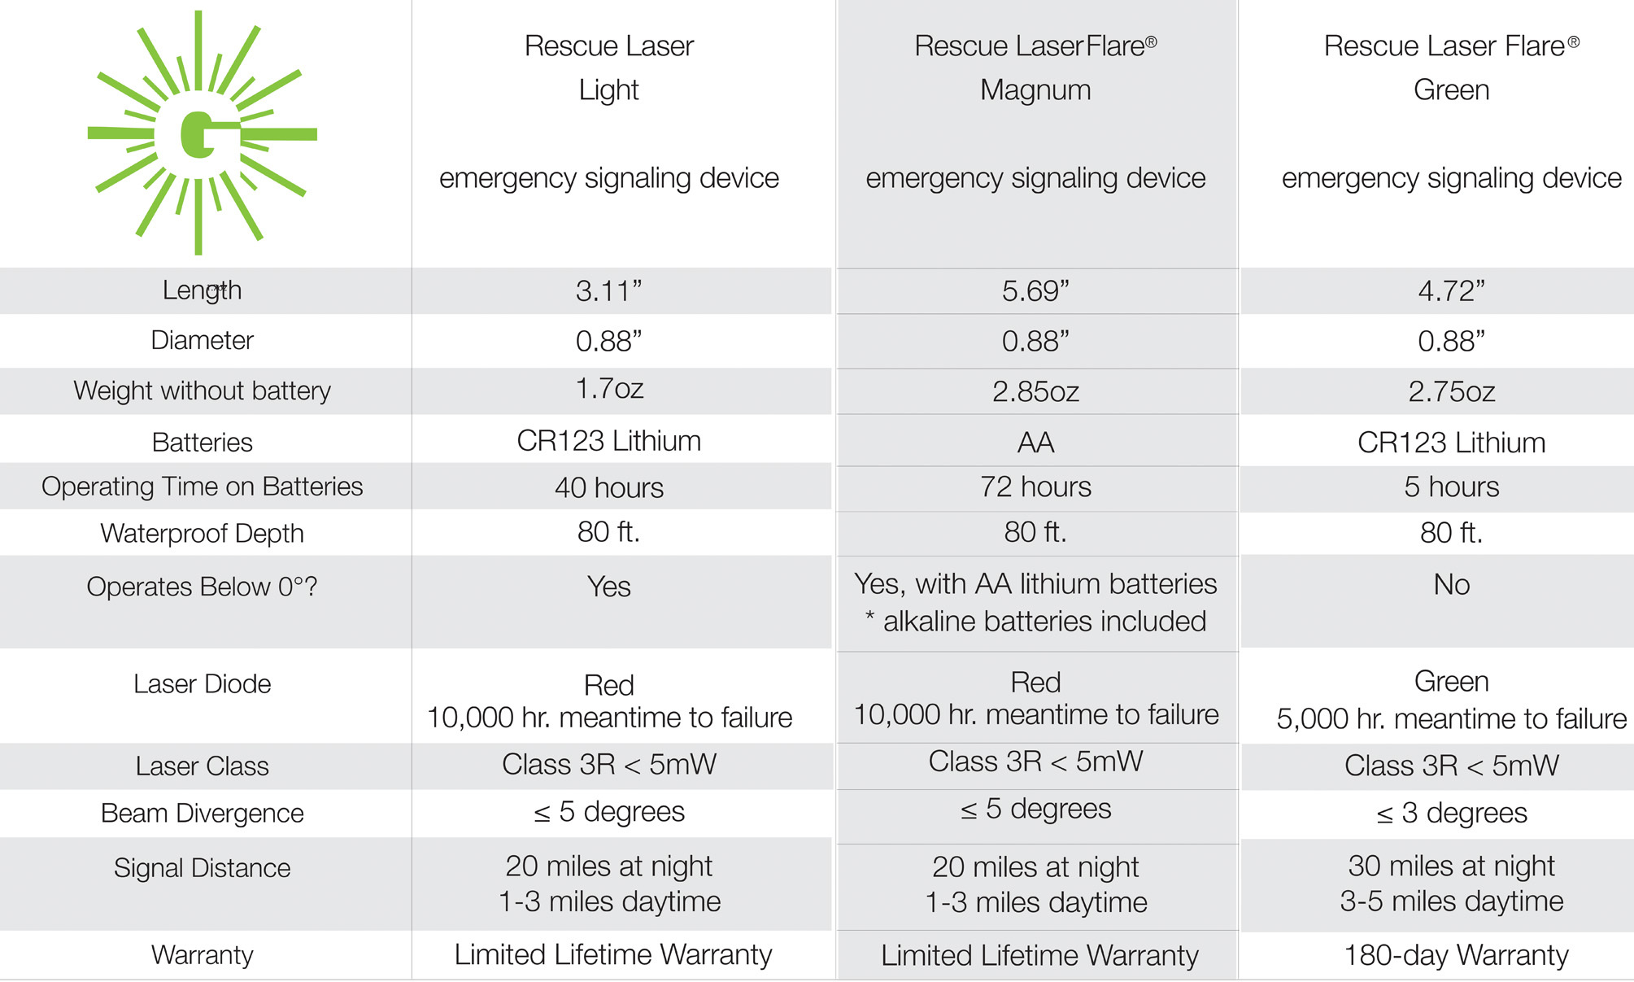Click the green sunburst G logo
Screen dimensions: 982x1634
(201, 133)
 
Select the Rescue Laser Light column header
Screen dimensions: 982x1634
(608, 68)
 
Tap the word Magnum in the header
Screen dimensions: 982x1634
(1035, 89)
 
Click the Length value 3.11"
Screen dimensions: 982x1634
(608, 290)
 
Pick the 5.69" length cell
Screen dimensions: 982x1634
(1035, 290)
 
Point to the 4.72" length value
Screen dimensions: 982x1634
(1451, 290)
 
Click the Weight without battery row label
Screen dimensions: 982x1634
(202, 391)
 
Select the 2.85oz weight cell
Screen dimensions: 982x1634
(1035, 391)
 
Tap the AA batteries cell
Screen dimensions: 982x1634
(1035, 443)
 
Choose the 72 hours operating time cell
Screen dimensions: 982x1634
(1035, 487)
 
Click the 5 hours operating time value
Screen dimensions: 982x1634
(1451, 487)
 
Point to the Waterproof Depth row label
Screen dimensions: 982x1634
(202, 533)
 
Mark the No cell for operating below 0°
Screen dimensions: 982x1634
(1451, 584)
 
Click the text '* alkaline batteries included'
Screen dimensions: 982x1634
(1035, 622)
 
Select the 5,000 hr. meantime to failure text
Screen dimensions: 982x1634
(1451, 718)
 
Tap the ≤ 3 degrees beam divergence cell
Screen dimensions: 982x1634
(1451, 813)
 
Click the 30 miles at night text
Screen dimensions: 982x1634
(1451, 866)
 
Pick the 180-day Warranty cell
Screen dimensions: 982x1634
(1456, 954)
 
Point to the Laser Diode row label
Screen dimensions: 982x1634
(202, 683)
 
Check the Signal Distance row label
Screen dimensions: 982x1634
(202, 867)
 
